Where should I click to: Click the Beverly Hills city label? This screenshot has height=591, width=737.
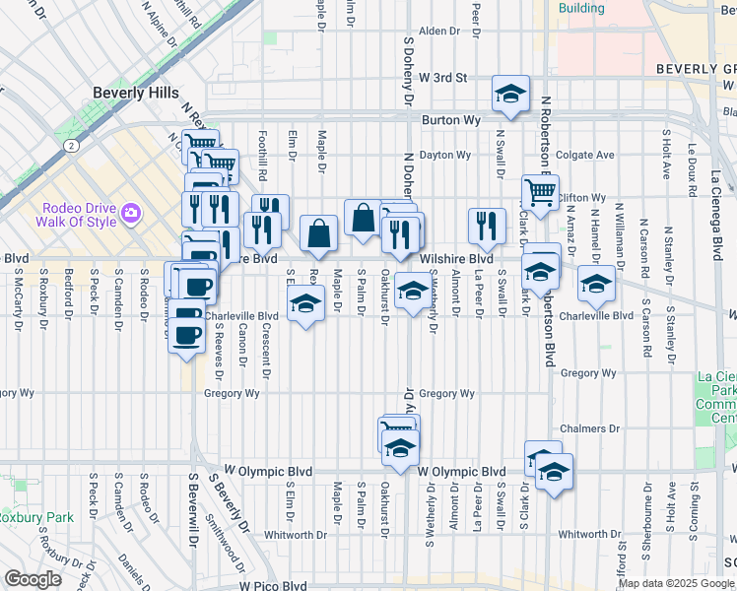click(x=136, y=93)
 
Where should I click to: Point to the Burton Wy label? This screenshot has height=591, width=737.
click(x=450, y=120)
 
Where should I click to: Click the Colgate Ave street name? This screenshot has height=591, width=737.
click(x=584, y=155)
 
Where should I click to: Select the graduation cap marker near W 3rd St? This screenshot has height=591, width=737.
click(x=510, y=94)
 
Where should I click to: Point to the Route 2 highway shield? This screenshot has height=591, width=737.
click(x=71, y=145)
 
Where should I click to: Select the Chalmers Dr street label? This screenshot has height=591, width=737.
click(x=588, y=429)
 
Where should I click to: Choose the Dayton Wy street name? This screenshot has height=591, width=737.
click(x=440, y=155)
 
